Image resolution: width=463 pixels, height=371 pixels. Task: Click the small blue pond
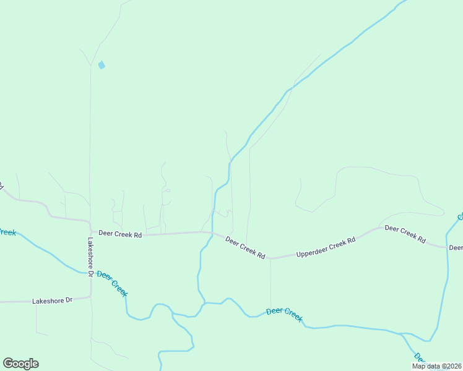101,64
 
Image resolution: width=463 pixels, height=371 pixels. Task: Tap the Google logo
20,363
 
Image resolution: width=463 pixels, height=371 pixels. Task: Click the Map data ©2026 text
436,366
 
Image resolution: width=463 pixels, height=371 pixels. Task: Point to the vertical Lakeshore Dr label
90,257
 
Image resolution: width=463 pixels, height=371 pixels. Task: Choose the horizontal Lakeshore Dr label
52,301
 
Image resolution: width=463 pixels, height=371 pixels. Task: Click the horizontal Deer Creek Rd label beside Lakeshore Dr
120,235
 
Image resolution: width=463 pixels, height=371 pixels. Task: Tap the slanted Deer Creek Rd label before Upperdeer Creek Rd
245,247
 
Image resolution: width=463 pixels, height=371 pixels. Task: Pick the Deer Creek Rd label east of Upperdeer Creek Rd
405,233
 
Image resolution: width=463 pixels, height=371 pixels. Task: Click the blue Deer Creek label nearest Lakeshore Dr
112,283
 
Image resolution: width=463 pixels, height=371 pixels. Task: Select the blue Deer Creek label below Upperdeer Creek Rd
284,314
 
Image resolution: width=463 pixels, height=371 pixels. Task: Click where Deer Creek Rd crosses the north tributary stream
212,233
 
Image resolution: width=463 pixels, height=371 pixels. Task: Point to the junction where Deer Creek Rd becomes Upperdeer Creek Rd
270,258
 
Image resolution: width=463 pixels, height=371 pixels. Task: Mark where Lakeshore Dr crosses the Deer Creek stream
90,273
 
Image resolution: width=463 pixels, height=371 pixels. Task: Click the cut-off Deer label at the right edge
456,248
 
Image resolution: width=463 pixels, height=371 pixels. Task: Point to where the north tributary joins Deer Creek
204,303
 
